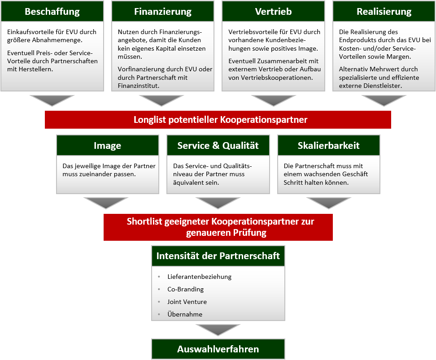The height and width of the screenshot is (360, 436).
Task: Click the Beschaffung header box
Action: click(52, 12)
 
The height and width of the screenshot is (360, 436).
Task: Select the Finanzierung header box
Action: click(163, 12)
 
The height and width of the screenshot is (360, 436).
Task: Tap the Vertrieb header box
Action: click(273, 12)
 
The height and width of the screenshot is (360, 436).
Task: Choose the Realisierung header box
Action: click(384, 12)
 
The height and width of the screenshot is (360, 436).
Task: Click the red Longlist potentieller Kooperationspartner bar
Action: click(218, 120)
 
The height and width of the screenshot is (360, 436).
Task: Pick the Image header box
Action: click(108, 145)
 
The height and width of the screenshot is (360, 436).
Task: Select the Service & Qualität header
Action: click(218, 145)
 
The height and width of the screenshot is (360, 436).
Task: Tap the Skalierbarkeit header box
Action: click(329, 145)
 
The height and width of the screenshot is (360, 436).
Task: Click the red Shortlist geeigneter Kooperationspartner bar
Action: click(218, 227)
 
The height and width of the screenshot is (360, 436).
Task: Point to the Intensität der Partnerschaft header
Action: click(218, 256)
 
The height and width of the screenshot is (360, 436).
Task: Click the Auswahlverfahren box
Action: click(218, 349)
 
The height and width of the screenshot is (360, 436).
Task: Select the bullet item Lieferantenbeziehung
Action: click(199, 277)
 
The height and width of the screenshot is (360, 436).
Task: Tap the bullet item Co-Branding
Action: click(185, 289)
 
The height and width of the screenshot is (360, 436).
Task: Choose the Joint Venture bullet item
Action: click(187, 302)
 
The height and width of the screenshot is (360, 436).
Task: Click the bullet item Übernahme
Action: click(185, 314)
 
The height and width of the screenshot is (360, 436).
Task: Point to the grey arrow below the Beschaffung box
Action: click(52, 100)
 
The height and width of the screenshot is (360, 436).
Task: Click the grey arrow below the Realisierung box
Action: click(384, 100)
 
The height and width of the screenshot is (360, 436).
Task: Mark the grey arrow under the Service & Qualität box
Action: click(218, 203)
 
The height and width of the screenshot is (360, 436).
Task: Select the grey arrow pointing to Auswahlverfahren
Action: click(218, 330)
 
